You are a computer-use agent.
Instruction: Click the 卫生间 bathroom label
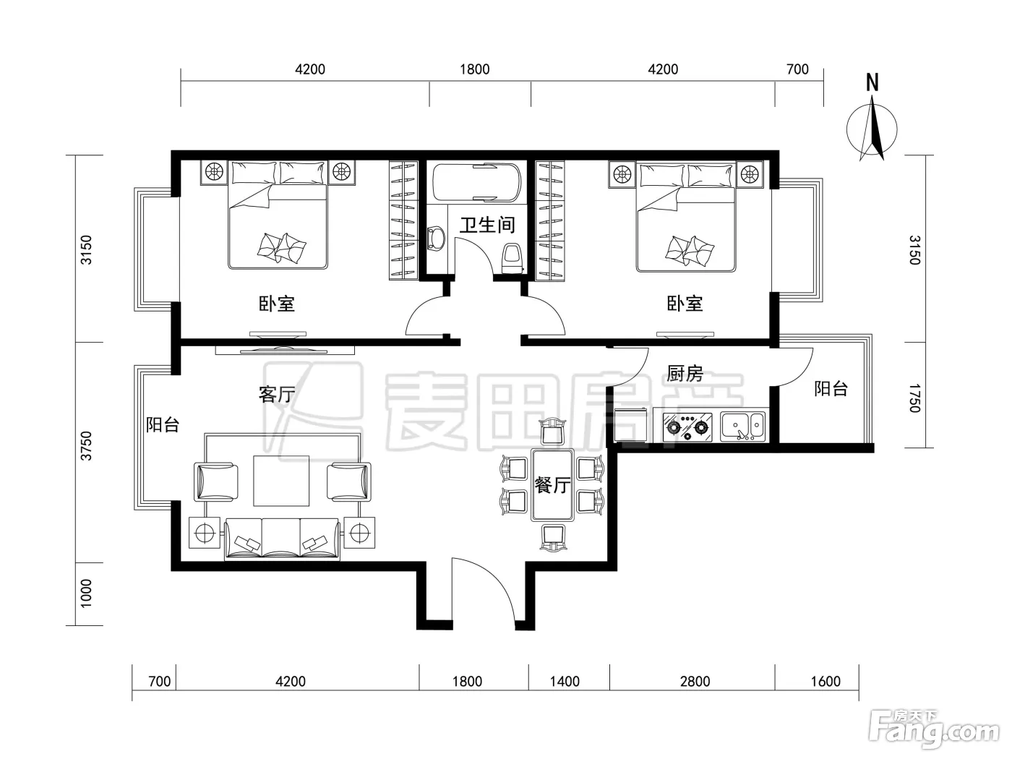click(x=487, y=225)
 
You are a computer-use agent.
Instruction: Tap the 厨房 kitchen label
click(x=685, y=373)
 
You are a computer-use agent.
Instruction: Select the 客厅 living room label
click(x=277, y=395)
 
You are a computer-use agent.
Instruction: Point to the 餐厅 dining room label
click(x=552, y=485)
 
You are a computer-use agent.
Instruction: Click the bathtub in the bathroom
click(x=476, y=182)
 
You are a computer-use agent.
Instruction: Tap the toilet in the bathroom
click(x=513, y=259)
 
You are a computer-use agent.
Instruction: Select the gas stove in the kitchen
click(x=687, y=427)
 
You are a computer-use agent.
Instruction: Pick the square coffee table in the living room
click(x=280, y=481)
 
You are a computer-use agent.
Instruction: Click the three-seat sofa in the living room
click(x=282, y=539)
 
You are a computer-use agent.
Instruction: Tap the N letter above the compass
click(x=872, y=83)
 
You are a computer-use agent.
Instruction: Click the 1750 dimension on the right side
click(x=914, y=398)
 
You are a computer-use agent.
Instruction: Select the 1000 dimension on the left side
click(x=86, y=593)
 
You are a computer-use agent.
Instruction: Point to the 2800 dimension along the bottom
click(x=695, y=681)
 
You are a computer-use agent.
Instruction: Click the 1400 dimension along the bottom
click(x=565, y=681)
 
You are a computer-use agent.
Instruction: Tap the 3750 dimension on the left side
click(x=86, y=445)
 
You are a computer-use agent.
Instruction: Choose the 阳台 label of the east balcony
click(x=831, y=388)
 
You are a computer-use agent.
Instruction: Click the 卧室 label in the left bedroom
click(x=277, y=304)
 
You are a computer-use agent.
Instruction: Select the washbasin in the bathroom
click(x=436, y=239)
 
